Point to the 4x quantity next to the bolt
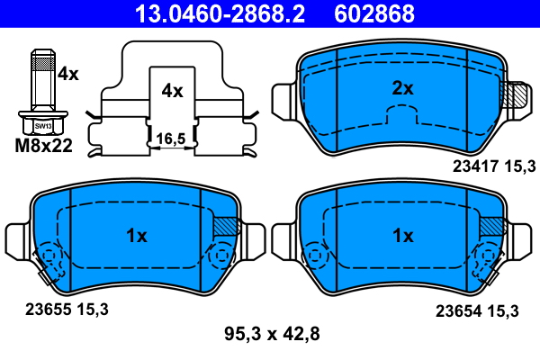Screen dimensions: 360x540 pos(67,75)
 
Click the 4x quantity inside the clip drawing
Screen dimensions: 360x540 pos(171,91)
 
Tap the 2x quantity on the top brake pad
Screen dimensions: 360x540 pos(402,88)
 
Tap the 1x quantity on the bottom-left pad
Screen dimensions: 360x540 pos(136,236)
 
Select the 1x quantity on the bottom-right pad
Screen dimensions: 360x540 pos(402,236)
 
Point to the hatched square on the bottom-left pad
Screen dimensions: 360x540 pos(226,228)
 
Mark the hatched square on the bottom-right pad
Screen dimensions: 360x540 pos(492,228)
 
